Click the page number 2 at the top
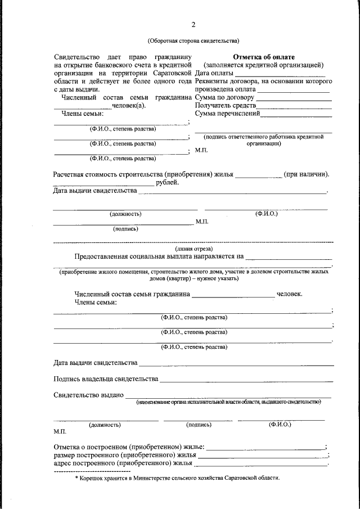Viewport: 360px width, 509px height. pos(193,25)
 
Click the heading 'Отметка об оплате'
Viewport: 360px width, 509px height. pos(263,57)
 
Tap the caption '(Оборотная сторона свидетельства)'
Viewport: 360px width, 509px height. pos(193,40)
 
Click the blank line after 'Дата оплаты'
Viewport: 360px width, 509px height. pos(280,75)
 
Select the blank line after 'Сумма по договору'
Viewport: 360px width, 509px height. pos(293,99)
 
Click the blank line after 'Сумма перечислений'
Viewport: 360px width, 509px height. pos(296,115)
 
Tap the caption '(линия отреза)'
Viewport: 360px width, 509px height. pos(193,248)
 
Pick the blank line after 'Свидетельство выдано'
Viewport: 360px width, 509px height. pos(228,398)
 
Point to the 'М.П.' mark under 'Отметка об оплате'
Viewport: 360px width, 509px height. pos(201,151)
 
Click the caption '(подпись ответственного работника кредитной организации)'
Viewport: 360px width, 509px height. pos(263,139)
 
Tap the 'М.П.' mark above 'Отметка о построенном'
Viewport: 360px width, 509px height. pos(60,431)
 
